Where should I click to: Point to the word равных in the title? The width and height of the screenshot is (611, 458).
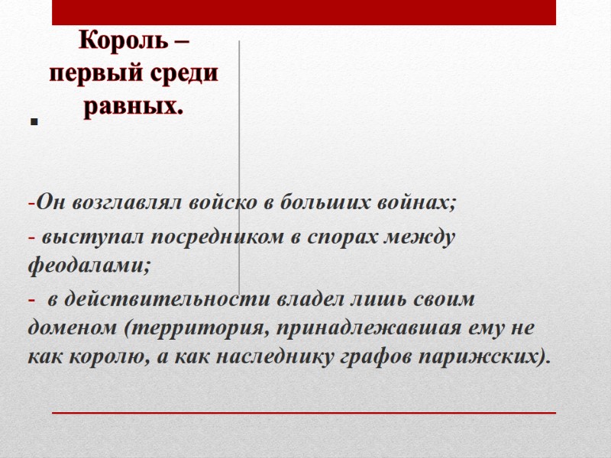pos(131,105)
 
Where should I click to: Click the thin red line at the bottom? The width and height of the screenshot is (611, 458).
pos(304,412)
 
